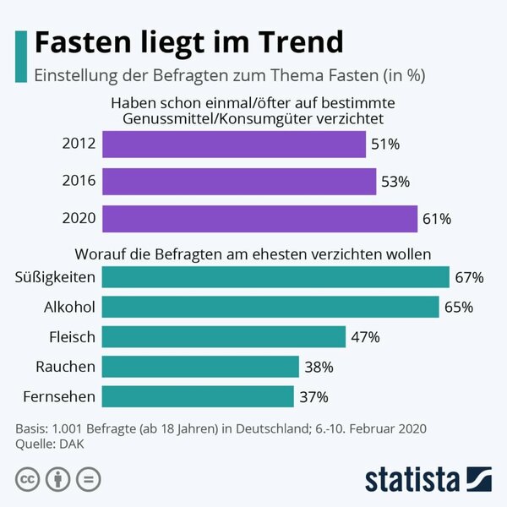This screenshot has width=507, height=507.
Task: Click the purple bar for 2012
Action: tap(234, 144)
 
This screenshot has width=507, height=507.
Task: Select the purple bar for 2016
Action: tap(239, 181)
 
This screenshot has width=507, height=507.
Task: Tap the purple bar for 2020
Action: tap(259, 218)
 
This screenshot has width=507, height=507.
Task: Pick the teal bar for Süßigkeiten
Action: tap(275, 277)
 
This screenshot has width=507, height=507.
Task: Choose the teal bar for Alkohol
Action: tap(270, 307)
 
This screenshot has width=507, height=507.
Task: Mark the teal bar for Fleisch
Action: tap(224, 336)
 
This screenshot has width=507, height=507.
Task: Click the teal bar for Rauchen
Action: tap(200, 366)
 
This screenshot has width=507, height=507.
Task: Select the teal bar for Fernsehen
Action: tap(198, 395)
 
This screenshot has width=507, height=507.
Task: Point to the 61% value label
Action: tap(437, 219)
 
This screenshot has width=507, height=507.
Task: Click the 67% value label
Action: tap(468, 277)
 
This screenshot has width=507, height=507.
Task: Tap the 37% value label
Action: tap(313, 395)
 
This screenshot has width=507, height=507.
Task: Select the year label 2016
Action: tap(79, 181)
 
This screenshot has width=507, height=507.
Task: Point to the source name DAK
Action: tap(69, 444)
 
